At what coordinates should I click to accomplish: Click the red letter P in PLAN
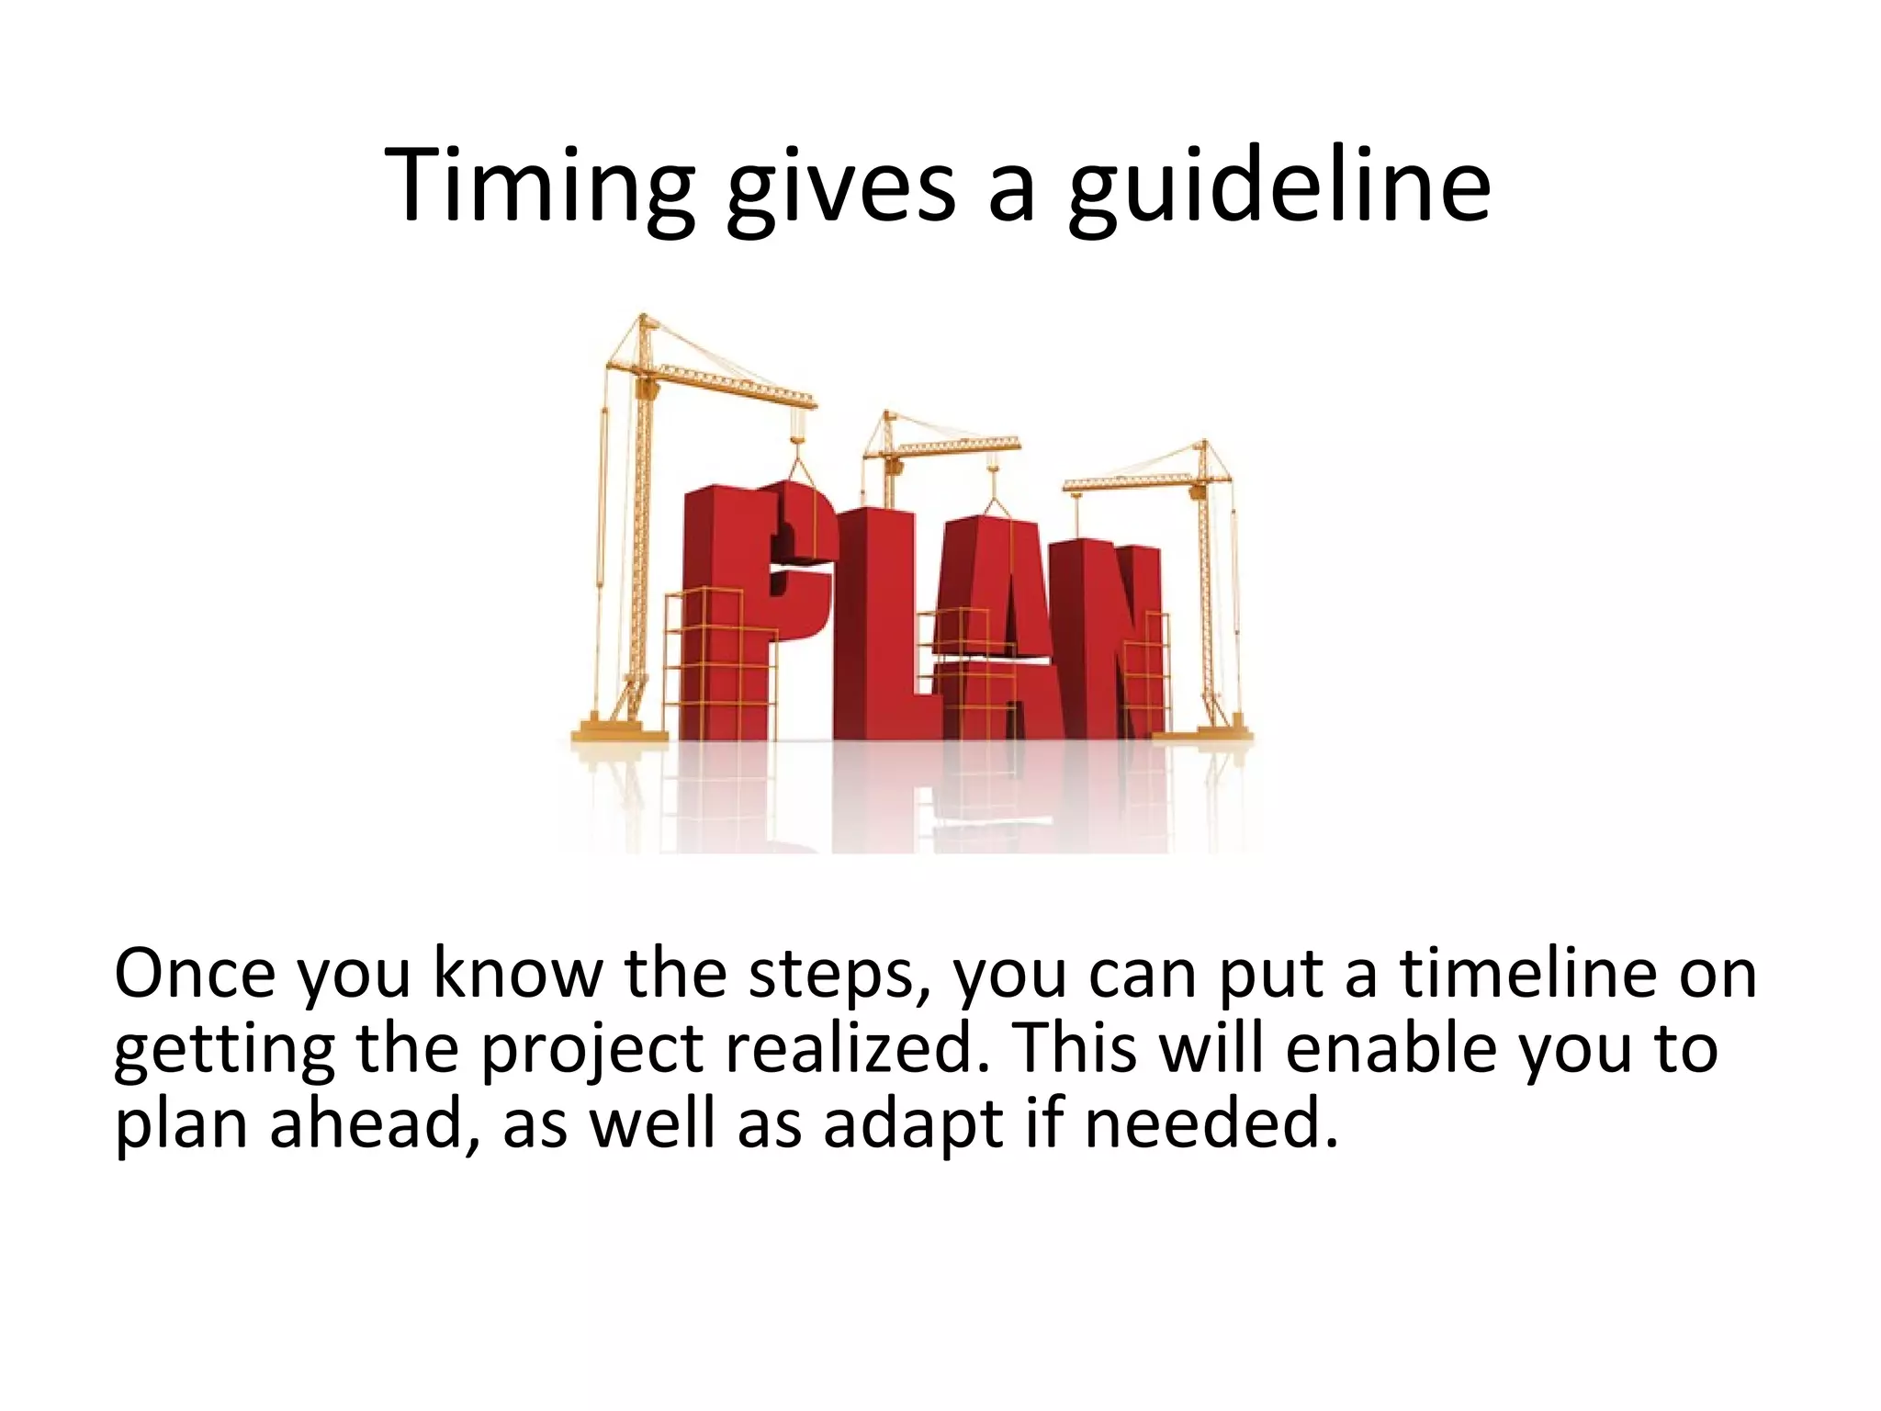[x=735, y=588]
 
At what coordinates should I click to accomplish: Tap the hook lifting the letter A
[x=991, y=501]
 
